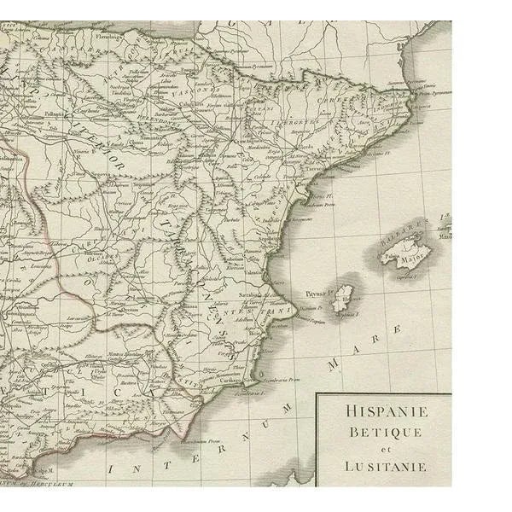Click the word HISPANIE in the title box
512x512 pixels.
[x=387, y=411]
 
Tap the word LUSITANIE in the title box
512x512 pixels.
[x=386, y=467]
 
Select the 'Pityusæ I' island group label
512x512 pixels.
[x=318, y=293]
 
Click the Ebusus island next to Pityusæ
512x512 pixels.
[x=344, y=299]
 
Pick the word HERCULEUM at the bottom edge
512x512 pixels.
[x=52, y=483]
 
